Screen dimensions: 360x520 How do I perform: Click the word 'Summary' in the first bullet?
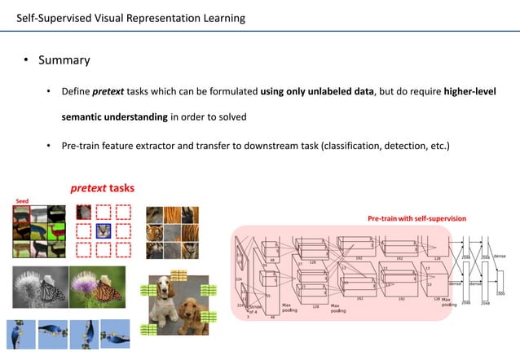(64, 60)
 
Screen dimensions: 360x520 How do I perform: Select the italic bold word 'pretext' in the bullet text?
(108, 90)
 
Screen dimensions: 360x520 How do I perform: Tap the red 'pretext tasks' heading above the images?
(102, 188)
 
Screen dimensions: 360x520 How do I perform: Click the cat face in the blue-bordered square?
(103, 230)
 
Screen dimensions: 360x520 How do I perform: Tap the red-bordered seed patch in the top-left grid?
(22, 215)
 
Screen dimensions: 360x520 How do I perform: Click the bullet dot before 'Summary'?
(26, 61)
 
